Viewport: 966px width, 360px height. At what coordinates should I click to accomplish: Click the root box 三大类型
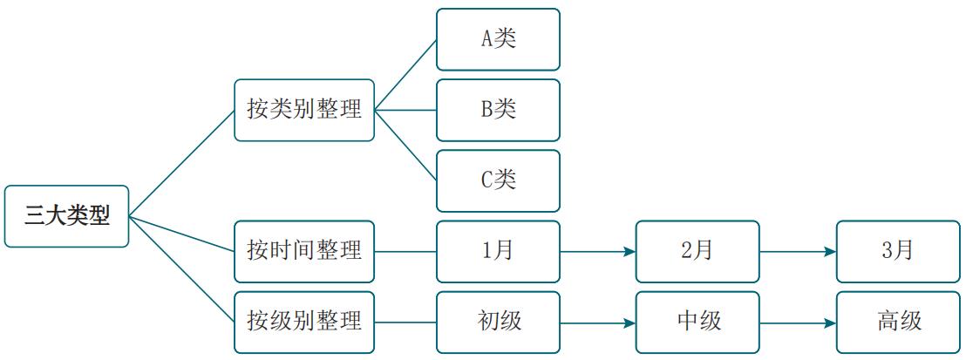(66, 216)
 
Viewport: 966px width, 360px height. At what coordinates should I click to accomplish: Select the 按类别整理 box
(304, 110)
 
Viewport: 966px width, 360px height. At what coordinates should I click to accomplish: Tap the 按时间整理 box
(304, 251)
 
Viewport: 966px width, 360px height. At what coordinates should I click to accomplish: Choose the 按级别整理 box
(304, 322)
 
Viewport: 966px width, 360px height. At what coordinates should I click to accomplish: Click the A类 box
(498, 39)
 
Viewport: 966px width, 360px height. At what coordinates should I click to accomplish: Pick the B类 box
(498, 110)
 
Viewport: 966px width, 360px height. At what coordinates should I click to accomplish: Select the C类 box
(498, 180)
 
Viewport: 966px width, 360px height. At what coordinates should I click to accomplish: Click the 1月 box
(498, 251)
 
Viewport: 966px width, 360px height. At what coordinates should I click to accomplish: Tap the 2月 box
(697, 251)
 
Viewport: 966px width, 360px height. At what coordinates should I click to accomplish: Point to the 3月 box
(898, 251)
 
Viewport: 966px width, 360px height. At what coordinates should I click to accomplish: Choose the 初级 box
(498, 322)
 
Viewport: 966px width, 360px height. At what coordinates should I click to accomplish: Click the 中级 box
(697, 322)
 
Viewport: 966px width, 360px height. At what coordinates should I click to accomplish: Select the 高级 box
(898, 322)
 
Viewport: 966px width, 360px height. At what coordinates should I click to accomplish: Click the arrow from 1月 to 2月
(598, 251)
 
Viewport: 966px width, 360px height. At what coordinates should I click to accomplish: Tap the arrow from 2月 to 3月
(798, 251)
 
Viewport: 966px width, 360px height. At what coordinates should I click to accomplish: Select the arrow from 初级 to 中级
(598, 322)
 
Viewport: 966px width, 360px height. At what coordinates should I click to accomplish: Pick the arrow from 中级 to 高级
(798, 322)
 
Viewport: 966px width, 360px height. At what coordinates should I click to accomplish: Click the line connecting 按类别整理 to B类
(405, 110)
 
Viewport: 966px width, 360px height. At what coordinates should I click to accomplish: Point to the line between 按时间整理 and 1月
(405, 251)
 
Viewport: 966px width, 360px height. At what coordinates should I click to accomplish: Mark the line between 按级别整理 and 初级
(405, 322)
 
